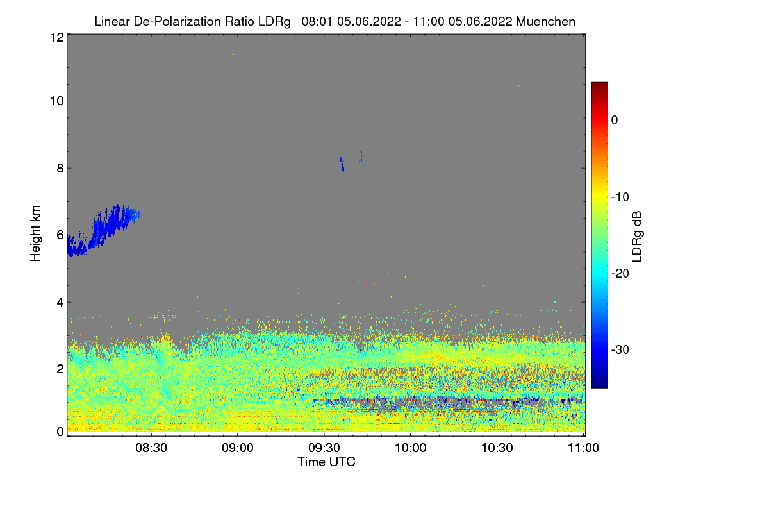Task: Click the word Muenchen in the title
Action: [x=545, y=21]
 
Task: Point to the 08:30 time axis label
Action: [x=151, y=449]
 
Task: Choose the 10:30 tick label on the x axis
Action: [x=497, y=449]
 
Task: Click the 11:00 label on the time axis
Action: [x=583, y=449]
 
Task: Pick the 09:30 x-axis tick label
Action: [x=324, y=449]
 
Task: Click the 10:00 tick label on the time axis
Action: [x=411, y=449]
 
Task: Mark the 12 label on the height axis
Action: [x=56, y=37]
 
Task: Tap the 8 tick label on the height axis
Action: [x=60, y=169]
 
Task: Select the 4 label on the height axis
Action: [x=60, y=301]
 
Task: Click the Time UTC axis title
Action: [x=326, y=462]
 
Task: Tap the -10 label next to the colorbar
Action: [x=621, y=197]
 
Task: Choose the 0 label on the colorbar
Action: [x=615, y=121]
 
